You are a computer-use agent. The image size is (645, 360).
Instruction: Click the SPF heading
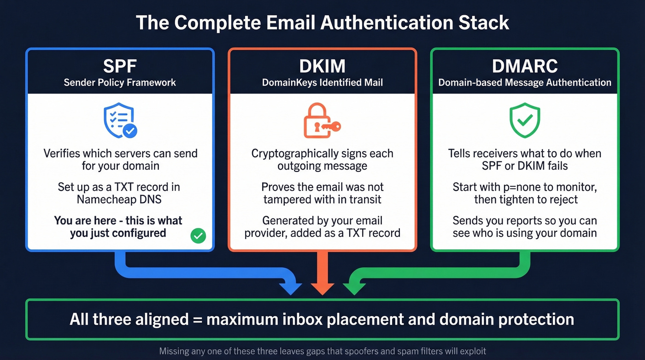(x=120, y=66)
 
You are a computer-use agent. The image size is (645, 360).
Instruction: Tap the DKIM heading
(x=322, y=66)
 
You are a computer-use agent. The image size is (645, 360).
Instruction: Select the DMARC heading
(x=525, y=66)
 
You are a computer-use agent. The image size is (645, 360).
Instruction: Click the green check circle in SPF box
(x=198, y=236)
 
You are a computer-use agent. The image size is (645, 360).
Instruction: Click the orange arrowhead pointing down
(x=322, y=289)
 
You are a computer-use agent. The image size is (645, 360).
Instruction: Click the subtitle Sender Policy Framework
(x=120, y=83)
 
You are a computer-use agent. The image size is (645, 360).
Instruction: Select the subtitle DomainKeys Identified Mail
(x=322, y=83)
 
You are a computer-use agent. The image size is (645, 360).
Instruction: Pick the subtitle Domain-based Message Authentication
(x=525, y=83)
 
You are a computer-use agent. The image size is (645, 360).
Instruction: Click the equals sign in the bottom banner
(x=198, y=319)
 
